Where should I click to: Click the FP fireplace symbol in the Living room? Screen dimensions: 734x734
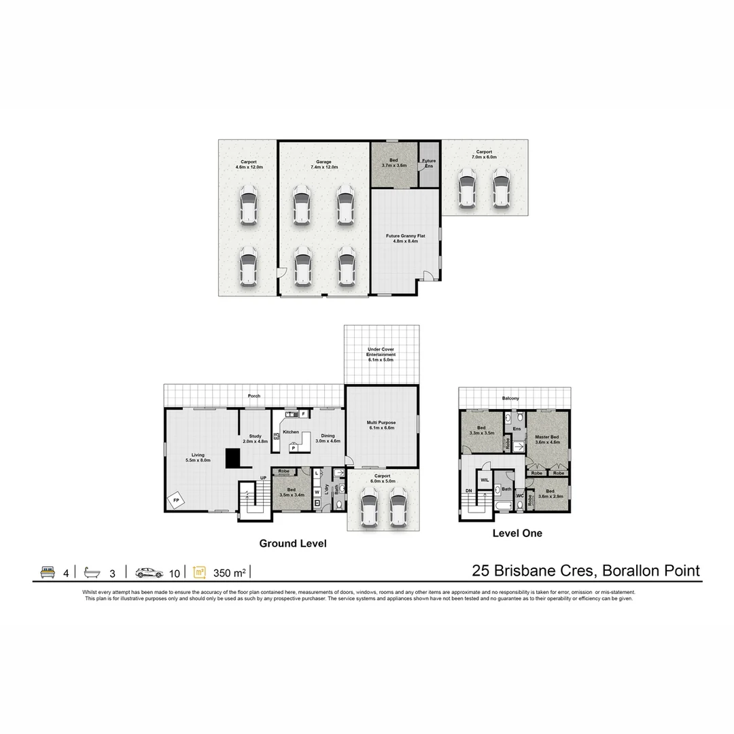coord(177,500)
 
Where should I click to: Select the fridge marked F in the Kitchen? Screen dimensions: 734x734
coord(303,413)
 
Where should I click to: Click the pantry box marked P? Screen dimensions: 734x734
coord(294,447)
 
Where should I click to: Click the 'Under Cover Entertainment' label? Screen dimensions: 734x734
coord(381,352)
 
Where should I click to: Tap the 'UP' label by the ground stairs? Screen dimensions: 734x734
coord(263,478)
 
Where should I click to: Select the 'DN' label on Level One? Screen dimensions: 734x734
coord(468,490)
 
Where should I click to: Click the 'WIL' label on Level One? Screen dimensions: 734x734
coord(485,479)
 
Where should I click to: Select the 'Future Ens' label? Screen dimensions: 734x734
coord(429,163)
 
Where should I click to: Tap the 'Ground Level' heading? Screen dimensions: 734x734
coord(293,544)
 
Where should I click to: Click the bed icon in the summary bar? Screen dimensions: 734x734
coord(48,572)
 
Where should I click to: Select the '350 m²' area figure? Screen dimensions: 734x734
coord(230,573)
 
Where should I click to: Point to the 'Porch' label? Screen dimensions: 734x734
coord(254,396)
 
